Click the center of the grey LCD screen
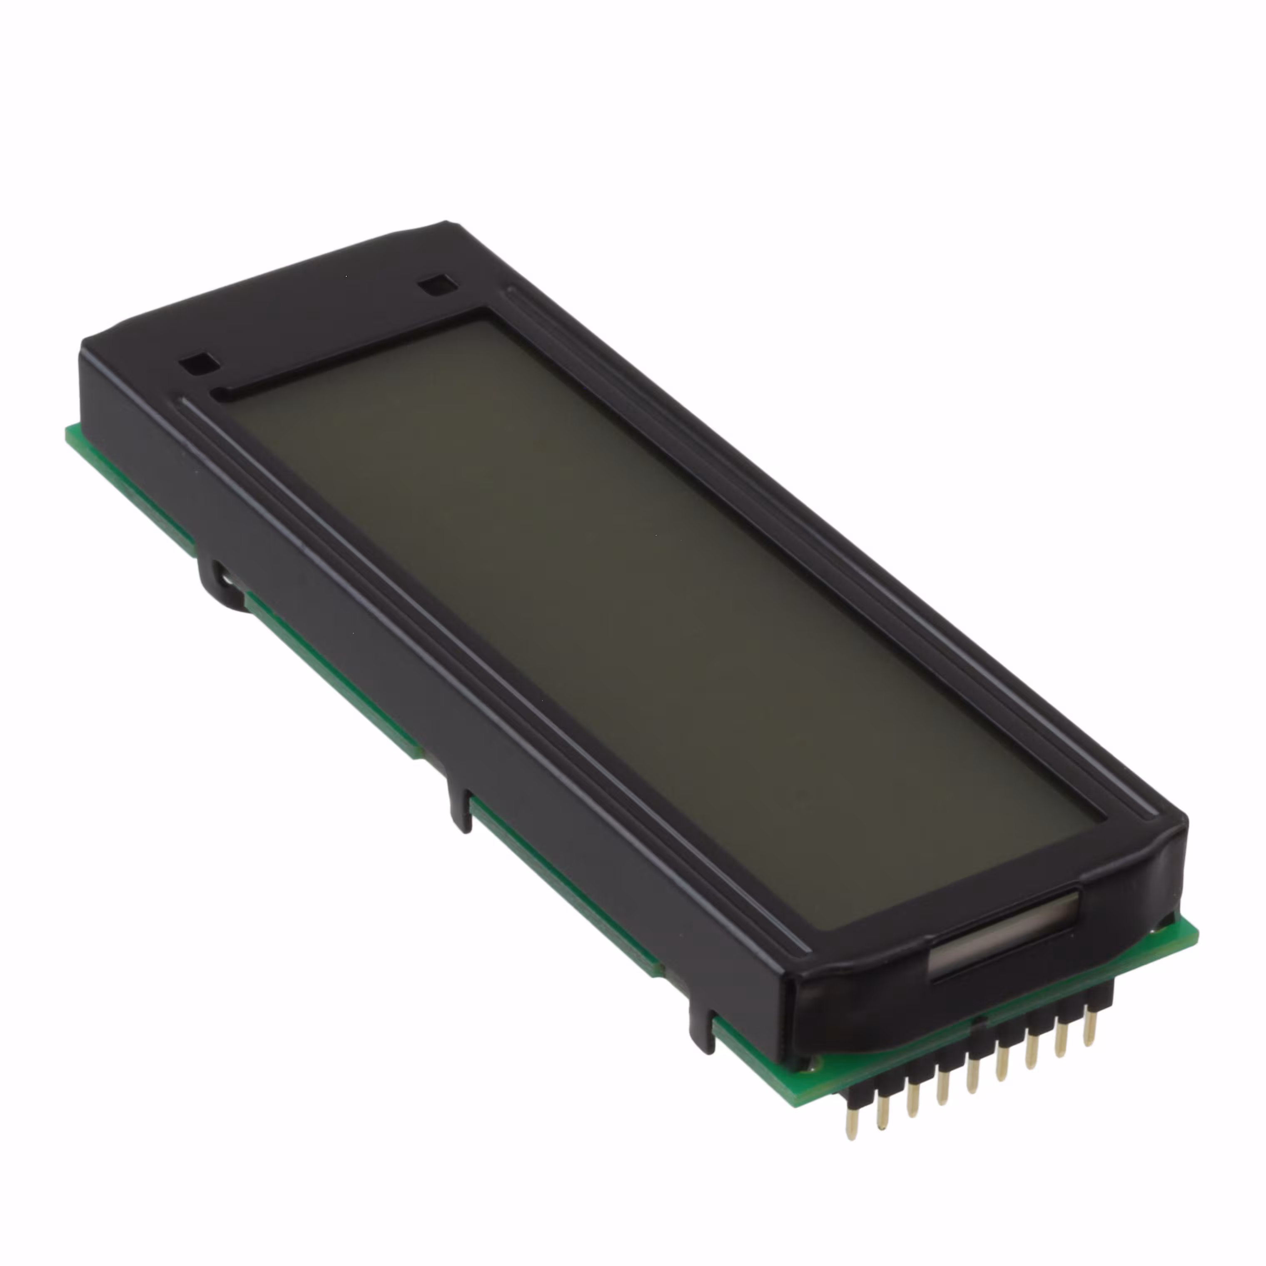point(655,623)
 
